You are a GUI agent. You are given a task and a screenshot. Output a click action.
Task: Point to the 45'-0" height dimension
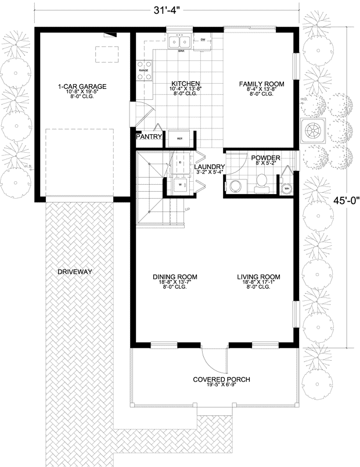click(347, 201)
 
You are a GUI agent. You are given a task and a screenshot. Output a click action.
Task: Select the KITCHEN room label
click(185, 84)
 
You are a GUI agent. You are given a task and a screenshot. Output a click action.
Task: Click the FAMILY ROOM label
click(262, 84)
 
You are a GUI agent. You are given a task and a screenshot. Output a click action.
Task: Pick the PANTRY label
click(149, 137)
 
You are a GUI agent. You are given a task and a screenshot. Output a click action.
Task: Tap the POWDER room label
click(265, 158)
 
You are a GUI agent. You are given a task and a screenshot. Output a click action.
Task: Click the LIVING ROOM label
click(258, 276)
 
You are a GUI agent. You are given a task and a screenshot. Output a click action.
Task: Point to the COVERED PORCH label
click(221, 379)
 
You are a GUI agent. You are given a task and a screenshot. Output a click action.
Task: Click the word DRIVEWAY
click(75, 271)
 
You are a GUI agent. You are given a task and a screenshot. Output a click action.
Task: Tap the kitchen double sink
click(179, 42)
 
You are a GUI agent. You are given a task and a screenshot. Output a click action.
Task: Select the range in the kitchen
click(143, 70)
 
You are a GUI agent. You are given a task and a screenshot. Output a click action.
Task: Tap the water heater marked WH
click(287, 188)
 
